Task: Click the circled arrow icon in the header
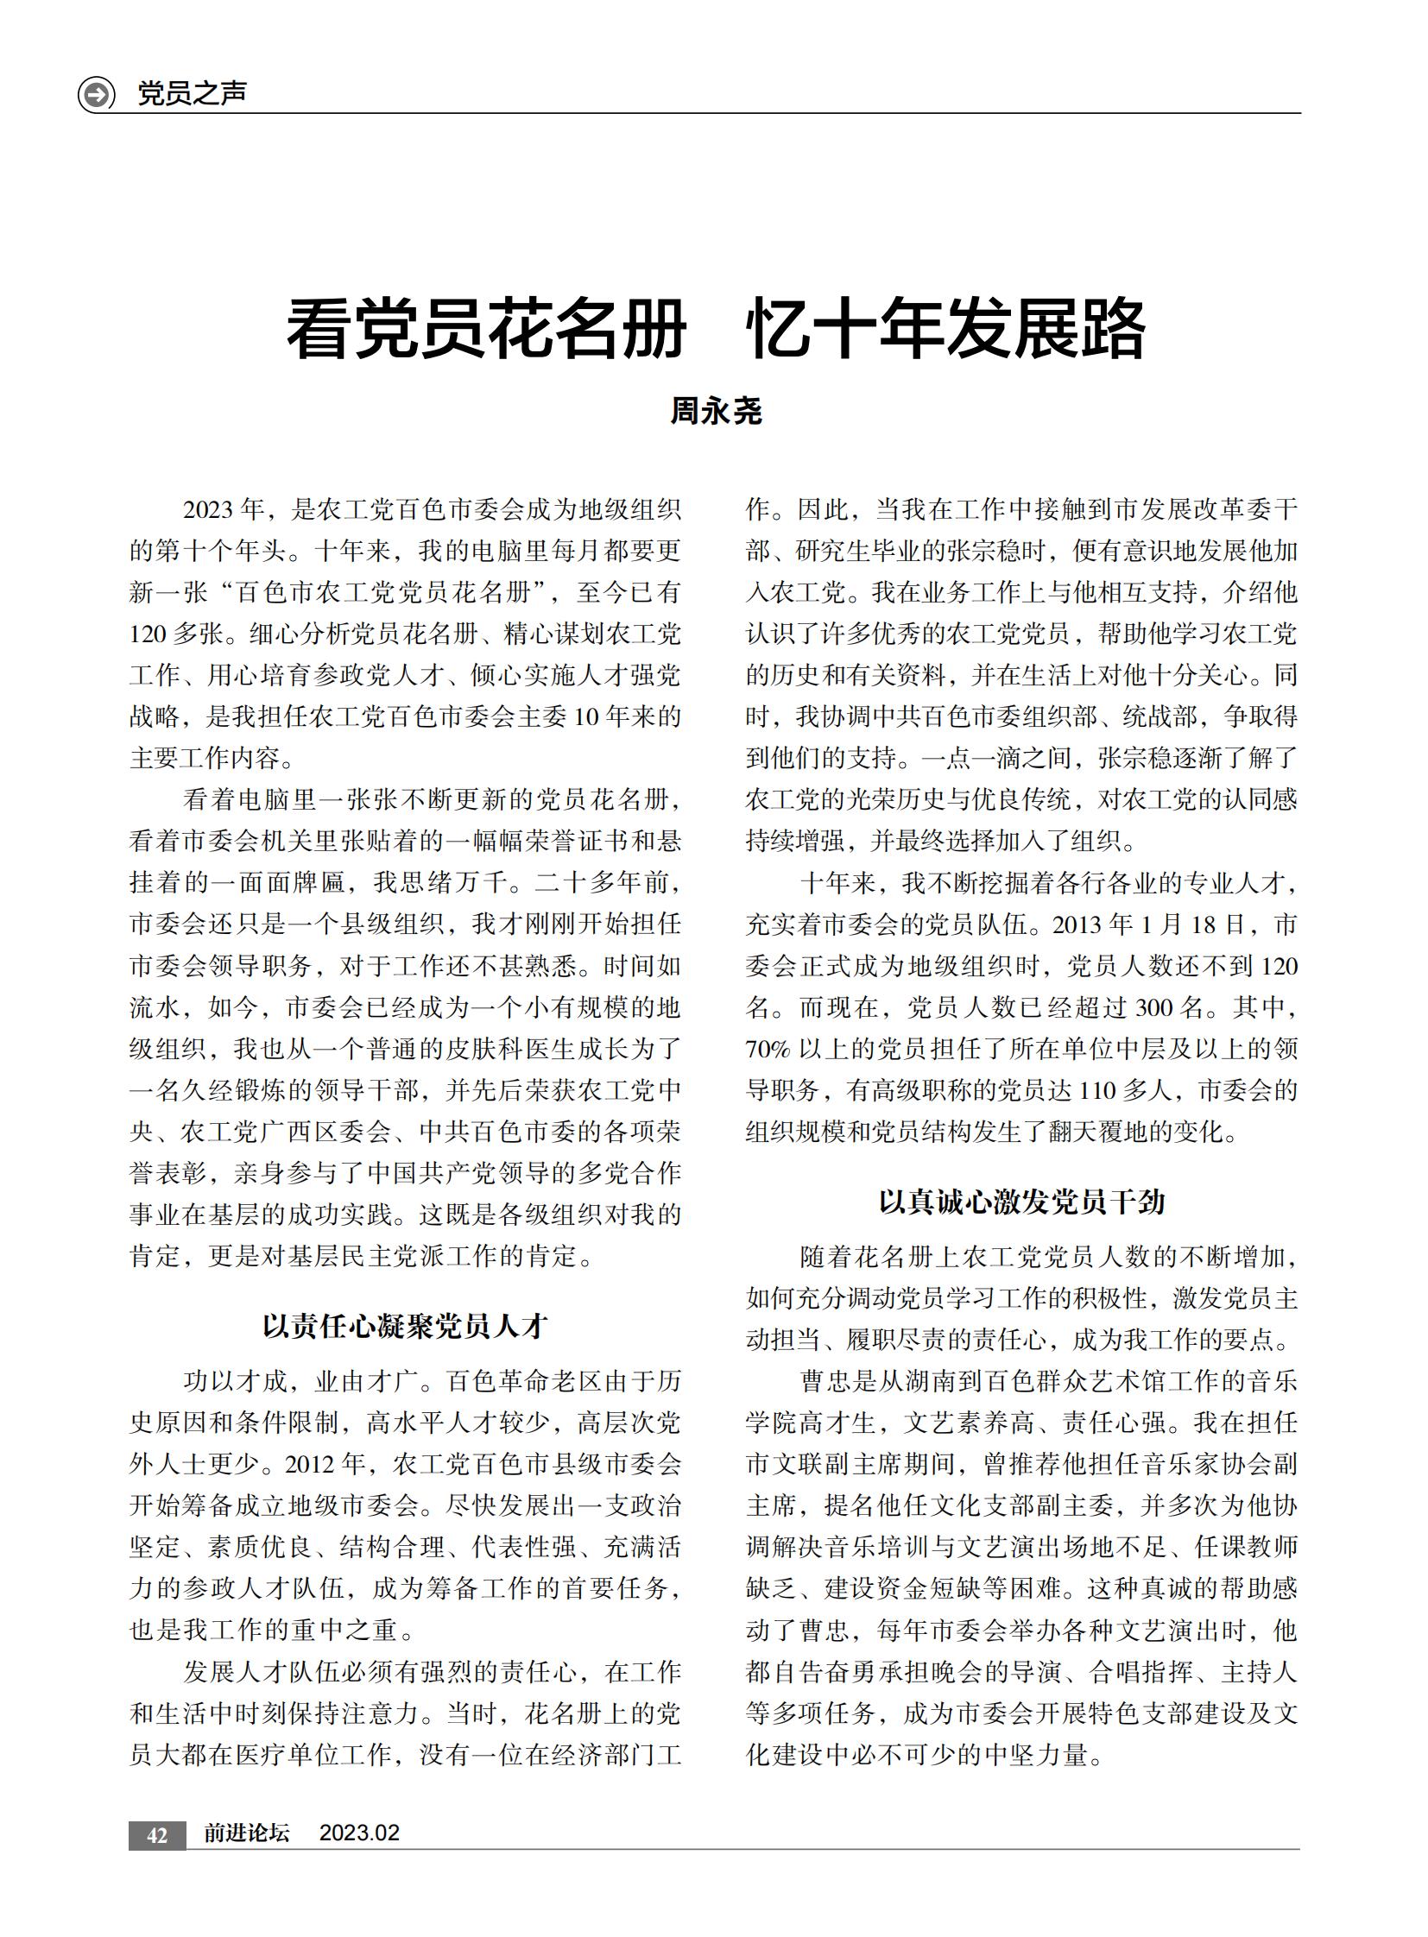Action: pos(96,93)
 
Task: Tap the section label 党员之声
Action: pos(192,93)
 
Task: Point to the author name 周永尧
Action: pos(716,412)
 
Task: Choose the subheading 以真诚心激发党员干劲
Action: pos(1021,1202)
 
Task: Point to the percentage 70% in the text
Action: pos(768,1050)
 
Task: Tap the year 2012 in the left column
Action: pos(308,1464)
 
